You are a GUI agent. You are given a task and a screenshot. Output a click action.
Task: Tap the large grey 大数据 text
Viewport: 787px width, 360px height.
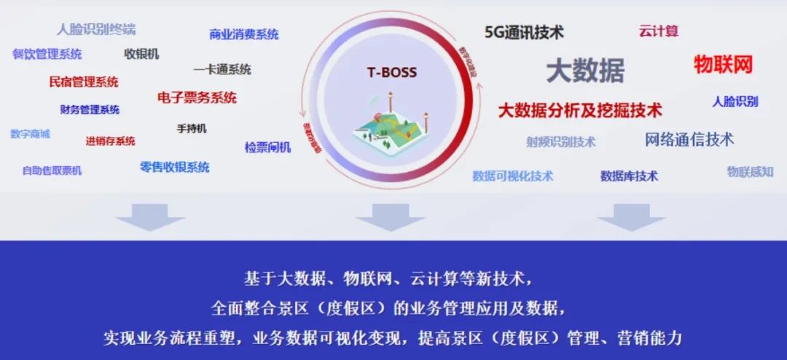click(x=585, y=70)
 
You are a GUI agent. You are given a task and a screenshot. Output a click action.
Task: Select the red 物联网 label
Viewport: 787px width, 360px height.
click(x=722, y=64)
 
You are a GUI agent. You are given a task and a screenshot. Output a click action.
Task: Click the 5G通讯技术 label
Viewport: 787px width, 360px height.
click(x=524, y=32)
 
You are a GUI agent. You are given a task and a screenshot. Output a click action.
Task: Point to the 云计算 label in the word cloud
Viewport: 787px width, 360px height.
click(x=659, y=31)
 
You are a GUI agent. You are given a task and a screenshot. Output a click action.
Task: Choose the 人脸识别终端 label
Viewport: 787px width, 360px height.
click(x=96, y=30)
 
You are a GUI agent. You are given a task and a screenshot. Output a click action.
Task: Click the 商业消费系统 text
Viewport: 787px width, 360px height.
click(x=243, y=34)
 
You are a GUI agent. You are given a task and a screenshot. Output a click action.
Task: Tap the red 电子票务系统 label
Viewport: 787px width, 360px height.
click(x=197, y=98)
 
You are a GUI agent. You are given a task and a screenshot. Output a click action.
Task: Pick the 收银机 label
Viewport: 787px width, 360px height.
click(x=141, y=54)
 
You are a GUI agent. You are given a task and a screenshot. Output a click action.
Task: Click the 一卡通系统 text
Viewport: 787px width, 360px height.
click(x=222, y=70)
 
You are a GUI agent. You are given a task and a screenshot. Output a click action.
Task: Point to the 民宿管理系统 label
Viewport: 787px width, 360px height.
click(x=84, y=82)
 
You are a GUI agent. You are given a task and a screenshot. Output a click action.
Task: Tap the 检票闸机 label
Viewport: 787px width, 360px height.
click(x=267, y=147)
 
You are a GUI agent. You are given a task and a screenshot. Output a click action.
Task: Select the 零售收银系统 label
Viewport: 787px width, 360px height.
click(x=174, y=167)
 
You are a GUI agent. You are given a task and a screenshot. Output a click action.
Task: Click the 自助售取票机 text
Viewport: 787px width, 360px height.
click(x=52, y=171)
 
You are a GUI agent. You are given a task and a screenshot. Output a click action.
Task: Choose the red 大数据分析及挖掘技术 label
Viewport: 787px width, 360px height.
click(x=580, y=111)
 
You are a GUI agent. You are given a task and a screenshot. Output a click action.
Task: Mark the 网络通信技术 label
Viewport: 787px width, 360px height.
click(x=689, y=139)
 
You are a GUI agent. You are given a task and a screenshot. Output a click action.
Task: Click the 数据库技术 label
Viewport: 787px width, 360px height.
click(x=629, y=176)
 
